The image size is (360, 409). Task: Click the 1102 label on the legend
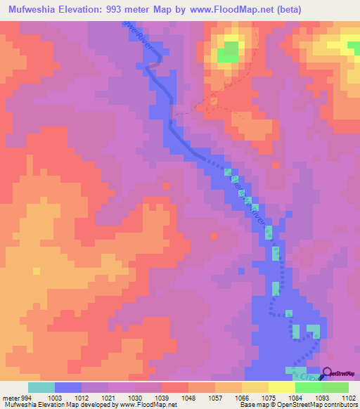pos(340,398)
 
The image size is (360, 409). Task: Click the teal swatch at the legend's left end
pos(41,387)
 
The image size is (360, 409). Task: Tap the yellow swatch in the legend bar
pos(281,387)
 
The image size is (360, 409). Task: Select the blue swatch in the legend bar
pos(68,387)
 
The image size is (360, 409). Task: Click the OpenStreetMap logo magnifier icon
pos(326,374)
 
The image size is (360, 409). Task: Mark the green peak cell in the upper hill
pos(228,53)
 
